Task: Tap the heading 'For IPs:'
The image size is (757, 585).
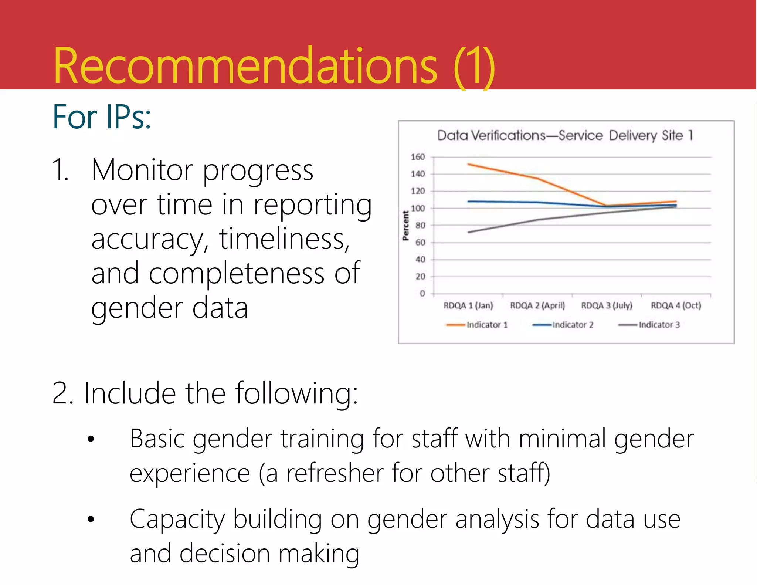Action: (x=102, y=117)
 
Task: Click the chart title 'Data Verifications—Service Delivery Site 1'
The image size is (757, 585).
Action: (x=565, y=135)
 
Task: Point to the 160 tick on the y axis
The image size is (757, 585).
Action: (x=418, y=157)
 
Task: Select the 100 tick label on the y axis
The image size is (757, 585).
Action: (x=418, y=208)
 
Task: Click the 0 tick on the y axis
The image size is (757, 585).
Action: (x=422, y=294)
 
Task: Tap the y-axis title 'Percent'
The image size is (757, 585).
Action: (x=406, y=226)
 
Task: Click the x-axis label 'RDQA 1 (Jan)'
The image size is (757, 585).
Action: (x=468, y=305)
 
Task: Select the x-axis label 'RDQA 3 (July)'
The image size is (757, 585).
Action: (x=607, y=305)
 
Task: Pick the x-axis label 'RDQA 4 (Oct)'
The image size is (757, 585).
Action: (x=676, y=305)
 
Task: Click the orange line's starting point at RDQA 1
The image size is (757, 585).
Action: (x=469, y=164)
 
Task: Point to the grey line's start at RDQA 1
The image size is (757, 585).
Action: (x=469, y=232)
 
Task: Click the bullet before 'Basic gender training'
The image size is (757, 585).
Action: (x=91, y=439)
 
